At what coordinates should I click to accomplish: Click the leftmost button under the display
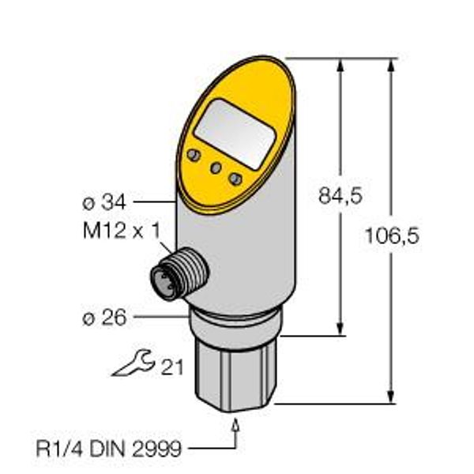[x=193, y=154]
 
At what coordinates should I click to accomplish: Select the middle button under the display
[x=214, y=167]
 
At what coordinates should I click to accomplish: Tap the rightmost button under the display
[x=235, y=179]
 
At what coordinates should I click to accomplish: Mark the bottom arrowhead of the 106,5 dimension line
[x=391, y=397]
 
